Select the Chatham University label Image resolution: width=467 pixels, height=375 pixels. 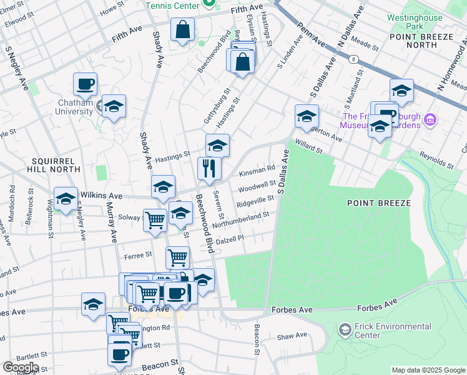pos(76,107)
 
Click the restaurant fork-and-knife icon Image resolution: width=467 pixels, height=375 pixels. pos(209,168)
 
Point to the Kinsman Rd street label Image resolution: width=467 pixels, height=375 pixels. pos(256,169)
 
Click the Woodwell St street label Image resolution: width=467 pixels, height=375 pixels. pos(257,186)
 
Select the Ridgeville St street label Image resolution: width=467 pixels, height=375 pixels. pos(255,201)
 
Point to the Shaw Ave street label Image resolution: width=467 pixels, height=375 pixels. pos(292,336)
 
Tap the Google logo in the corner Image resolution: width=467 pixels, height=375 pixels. pos(21,367)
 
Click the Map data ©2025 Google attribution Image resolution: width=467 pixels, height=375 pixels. pos(428,370)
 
